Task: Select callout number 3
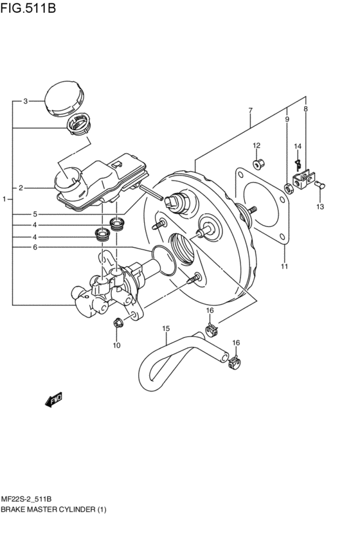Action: [25, 101]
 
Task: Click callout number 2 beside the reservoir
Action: [21, 188]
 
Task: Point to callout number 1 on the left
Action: [4, 200]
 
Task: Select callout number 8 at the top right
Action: [305, 109]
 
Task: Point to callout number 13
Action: [319, 207]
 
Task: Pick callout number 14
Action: [298, 147]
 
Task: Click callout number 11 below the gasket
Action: [283, 266]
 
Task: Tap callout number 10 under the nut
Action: [116, 346]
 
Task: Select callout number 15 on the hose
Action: [165, 329]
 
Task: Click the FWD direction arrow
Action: [53, 400]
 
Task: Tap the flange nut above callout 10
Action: [117, 323]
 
